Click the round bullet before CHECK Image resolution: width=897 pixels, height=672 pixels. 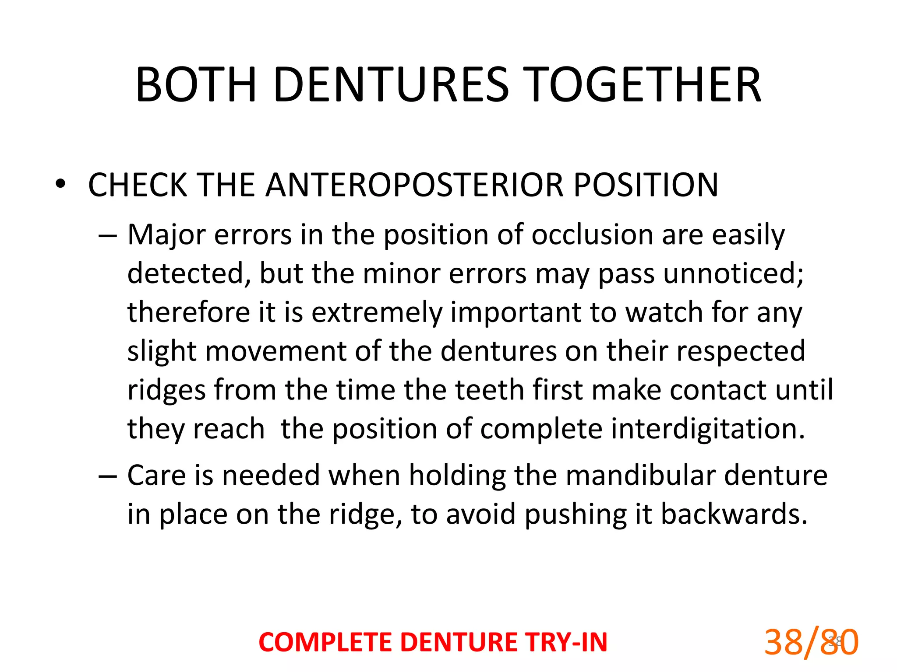point(60,184)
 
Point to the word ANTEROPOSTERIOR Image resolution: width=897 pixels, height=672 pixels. point(415,185)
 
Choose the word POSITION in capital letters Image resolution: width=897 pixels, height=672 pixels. point(646,185)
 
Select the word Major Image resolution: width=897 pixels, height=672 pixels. point(166,235)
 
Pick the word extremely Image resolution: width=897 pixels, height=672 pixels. point(376,313)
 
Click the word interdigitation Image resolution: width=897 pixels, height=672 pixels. point(708,428)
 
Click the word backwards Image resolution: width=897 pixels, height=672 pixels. point(734,514)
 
